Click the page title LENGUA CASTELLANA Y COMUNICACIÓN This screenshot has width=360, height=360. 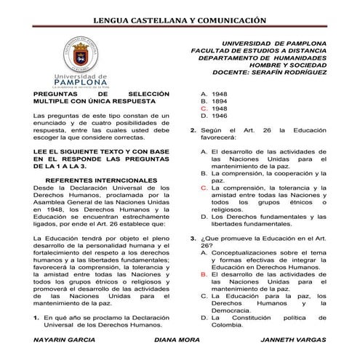[179, 20]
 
